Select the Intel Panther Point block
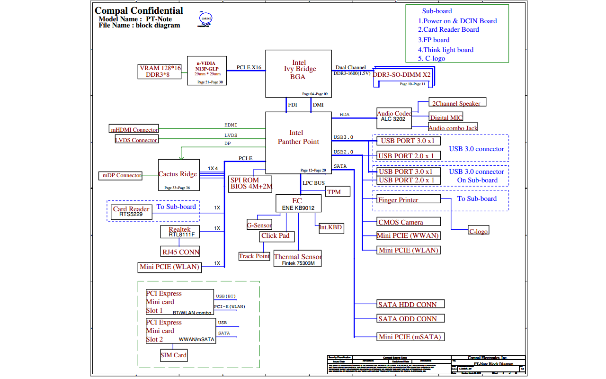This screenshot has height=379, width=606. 298,143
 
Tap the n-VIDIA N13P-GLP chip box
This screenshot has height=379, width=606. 205,71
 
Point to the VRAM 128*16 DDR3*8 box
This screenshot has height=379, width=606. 160,72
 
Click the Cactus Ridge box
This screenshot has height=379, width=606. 178,175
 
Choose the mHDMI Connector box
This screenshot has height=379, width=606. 134,129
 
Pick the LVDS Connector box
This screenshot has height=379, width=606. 136,140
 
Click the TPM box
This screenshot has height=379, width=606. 338,191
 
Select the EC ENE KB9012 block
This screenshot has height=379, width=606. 298,204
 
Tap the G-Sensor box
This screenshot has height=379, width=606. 259,225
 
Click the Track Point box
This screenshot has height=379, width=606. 254,256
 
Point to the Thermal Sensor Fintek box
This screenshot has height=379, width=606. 298,259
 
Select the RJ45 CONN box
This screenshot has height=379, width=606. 180,252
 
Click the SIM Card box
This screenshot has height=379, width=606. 173,355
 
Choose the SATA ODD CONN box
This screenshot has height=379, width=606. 411,319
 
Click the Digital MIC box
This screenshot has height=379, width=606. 446,117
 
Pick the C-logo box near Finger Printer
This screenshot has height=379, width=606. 478,231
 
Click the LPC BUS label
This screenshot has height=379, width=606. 313,183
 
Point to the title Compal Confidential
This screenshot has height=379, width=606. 139,10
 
